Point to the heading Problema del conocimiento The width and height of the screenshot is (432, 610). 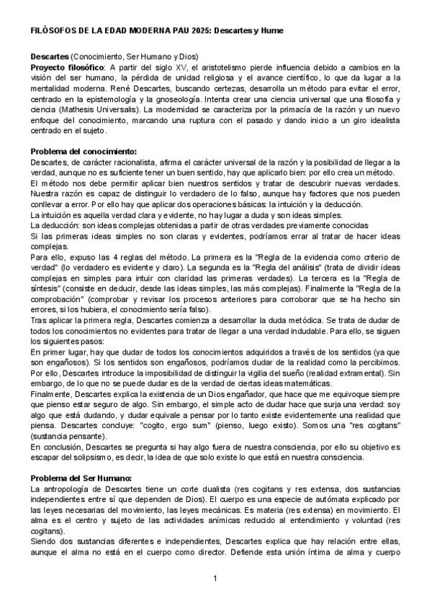[x=83, y=152]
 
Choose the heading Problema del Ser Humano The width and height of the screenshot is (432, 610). [x=81, y=478]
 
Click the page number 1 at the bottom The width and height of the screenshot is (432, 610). [x=215, y=579]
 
